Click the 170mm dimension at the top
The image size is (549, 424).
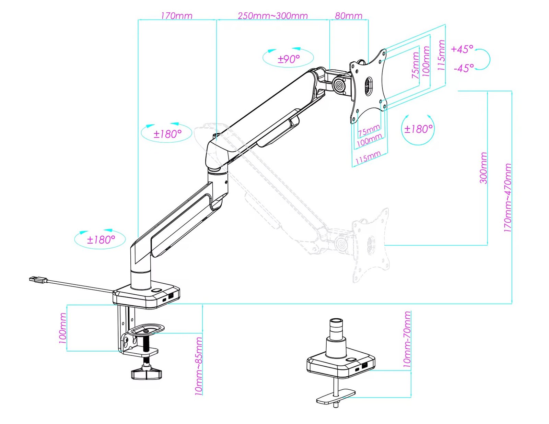pos(177,16)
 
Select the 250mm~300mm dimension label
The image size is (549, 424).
pos(273,16)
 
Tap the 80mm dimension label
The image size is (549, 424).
pos(348,16)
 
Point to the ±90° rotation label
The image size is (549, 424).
pos(289,59)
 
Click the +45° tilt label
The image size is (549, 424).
pos(462,49)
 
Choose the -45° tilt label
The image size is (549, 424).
pos(464,68)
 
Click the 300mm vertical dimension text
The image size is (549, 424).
pos(483,168)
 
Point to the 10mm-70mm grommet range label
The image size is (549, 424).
pos(407,340)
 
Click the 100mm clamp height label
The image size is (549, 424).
pos(62,328)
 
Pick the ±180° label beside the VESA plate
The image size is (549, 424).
pos(418,129)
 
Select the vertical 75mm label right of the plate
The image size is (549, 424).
pos(416,65)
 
